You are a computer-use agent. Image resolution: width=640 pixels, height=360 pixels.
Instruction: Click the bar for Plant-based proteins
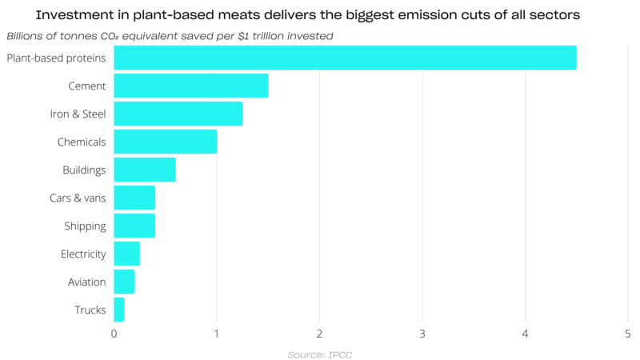point(345,58)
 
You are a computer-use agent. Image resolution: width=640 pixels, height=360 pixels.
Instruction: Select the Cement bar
point(191,86)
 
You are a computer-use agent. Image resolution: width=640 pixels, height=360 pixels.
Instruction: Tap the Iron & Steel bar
point(178,114)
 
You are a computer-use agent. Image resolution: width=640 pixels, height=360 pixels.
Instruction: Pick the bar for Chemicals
point(166,142)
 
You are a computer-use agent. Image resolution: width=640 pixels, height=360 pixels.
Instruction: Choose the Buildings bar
point(145,170)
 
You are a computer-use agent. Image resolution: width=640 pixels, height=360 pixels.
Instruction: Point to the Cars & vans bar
point(134,198)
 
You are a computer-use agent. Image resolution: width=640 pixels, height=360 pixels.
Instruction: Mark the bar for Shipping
point(134,226)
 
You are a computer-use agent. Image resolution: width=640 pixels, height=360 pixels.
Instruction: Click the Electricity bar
point(127,254)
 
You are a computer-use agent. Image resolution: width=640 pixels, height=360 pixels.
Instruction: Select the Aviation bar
point(125,282)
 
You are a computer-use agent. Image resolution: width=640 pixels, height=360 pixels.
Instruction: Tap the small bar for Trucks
point(119,310)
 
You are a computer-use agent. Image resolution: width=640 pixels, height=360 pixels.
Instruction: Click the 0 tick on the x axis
point(114,333)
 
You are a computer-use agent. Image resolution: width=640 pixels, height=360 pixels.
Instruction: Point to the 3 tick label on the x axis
point(422,333)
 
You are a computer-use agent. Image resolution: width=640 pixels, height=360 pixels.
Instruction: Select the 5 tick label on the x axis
point(628,333)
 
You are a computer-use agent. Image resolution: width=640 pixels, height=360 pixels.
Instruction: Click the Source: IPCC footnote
point(319,354)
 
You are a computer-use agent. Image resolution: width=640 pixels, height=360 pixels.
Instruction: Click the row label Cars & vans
point(78,198)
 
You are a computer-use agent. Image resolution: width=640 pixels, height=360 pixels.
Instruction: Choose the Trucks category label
point(90,310)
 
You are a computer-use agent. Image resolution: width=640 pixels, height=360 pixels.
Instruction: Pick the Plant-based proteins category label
point(56,58)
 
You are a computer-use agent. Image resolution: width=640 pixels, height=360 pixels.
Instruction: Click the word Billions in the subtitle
point(27,36)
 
